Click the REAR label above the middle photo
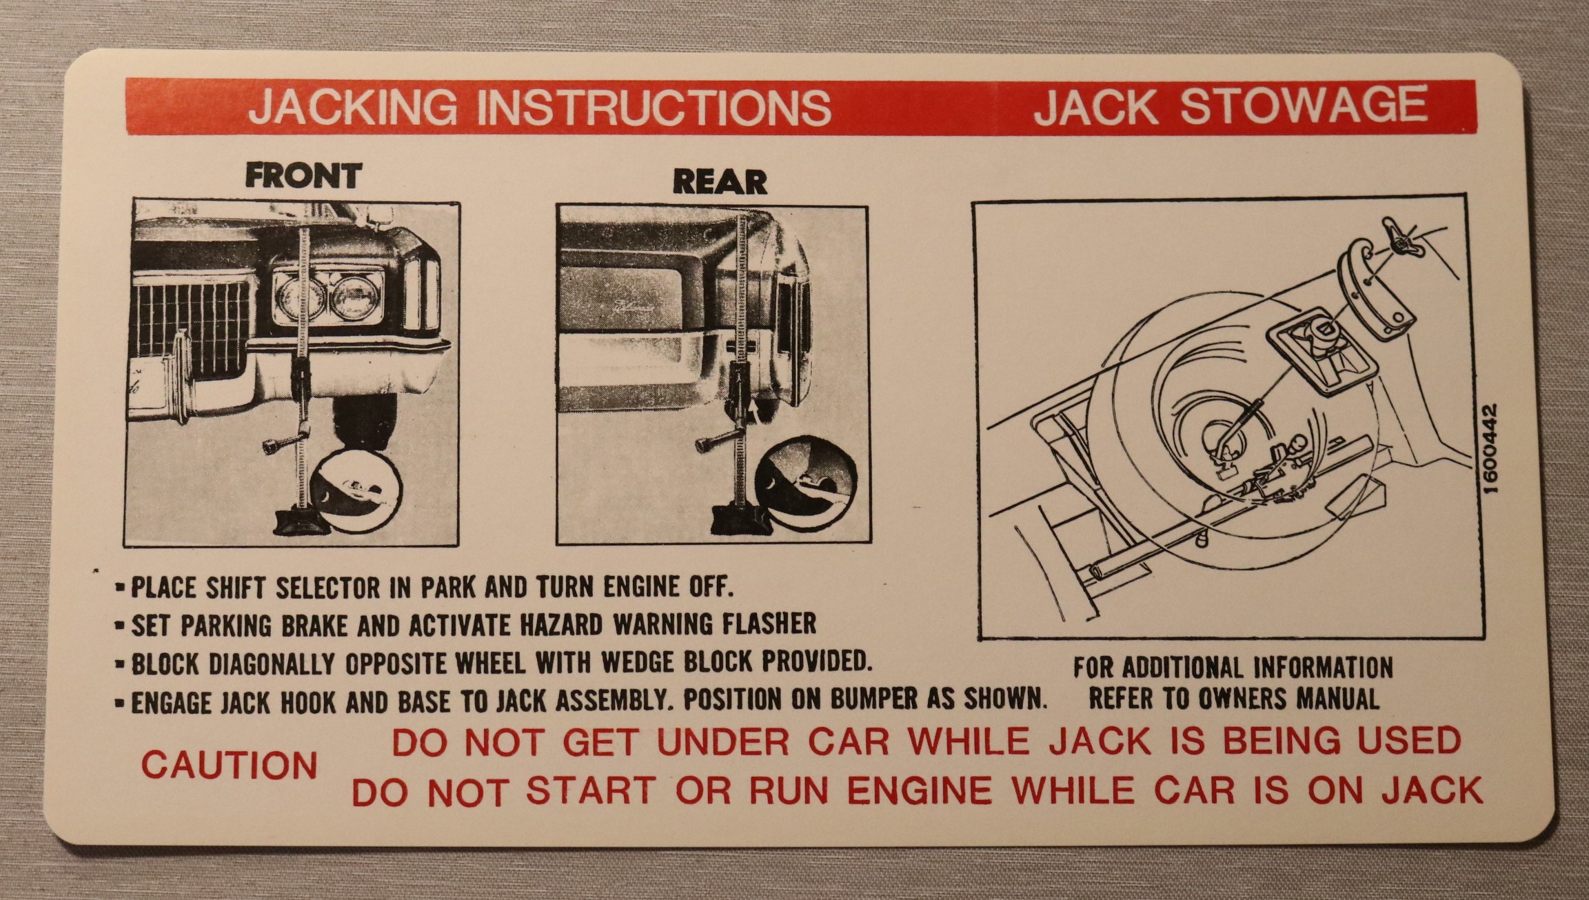pyautogui.click(x=720, y=181)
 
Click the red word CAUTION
pyautogui.click(x=229, y=765)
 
